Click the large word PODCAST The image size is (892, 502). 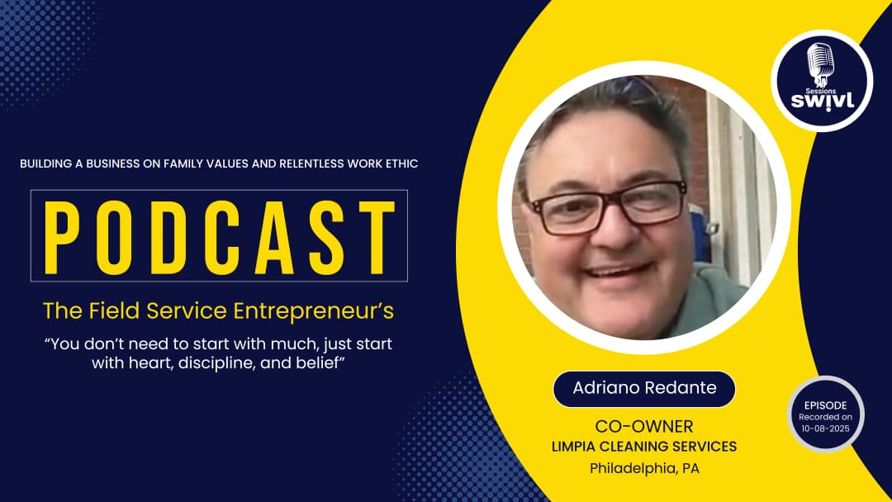tap(219, 235)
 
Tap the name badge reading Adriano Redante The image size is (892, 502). tap(643, 388)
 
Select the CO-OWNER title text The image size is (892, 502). tap(643, 426)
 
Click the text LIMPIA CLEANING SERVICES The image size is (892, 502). tap(643, 447)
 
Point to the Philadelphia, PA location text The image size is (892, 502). tap(643, 468)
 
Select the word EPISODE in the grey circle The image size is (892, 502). tap(824, 405)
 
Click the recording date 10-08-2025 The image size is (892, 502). tap(824, 428)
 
